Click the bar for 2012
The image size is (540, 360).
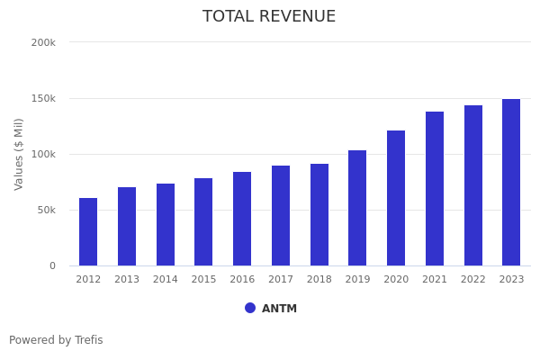pos(88,232)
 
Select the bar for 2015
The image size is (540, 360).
pos(203,222)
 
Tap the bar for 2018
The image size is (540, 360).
pos(319,215)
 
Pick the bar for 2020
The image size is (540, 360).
pos(396,198)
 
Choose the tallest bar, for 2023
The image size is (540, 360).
pos(511,183)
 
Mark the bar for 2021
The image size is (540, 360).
pos(435,189)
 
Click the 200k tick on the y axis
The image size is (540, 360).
pos(43,42)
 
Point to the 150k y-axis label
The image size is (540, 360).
pos(43,98)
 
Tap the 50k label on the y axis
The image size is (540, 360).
pos(46,210)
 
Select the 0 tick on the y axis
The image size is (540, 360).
pos(52,265)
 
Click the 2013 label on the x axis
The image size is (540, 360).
pos(127,280)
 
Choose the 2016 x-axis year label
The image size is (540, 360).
pos(242,280)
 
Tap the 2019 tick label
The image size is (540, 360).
pos(357,280)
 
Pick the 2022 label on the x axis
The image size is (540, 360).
pos(473,280)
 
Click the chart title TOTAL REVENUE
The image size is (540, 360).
pos(269,17)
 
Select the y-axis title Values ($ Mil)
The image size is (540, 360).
pos(20,154)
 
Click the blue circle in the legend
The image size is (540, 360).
pos(250,308)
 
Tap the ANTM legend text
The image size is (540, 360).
pos(279,309)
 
